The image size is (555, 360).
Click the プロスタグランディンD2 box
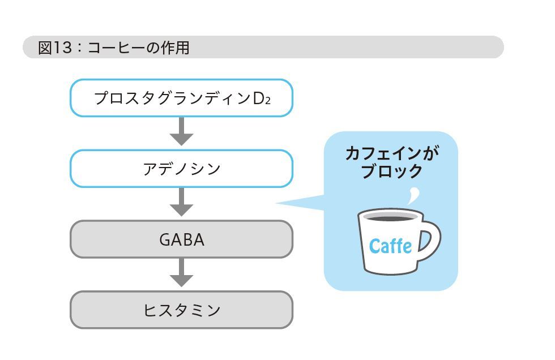click(x=181, y=98)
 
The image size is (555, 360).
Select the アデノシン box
click(x=181, y=168)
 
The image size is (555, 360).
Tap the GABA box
click(x=181, y=239)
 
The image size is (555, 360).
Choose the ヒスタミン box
click(x=181, y=310)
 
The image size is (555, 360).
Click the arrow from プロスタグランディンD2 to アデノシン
click(x=181, y=131)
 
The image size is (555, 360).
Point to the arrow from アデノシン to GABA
click(x=181, y=202)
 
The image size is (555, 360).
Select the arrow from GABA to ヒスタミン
click(x=181, y=273)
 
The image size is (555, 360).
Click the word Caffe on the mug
click(x=390, y=246)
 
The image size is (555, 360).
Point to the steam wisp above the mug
click(x=414, y=195)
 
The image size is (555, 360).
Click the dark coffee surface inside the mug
click(x=390, y=218)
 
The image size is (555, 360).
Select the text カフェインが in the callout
click(x=392, y=153)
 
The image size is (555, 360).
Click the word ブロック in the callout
click(x=392, y=171)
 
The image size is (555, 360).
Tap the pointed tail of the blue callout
click(x=277, y=203)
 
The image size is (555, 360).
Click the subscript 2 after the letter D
click(x=268, y=101)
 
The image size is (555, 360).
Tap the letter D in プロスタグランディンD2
click(x=259, y=98)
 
